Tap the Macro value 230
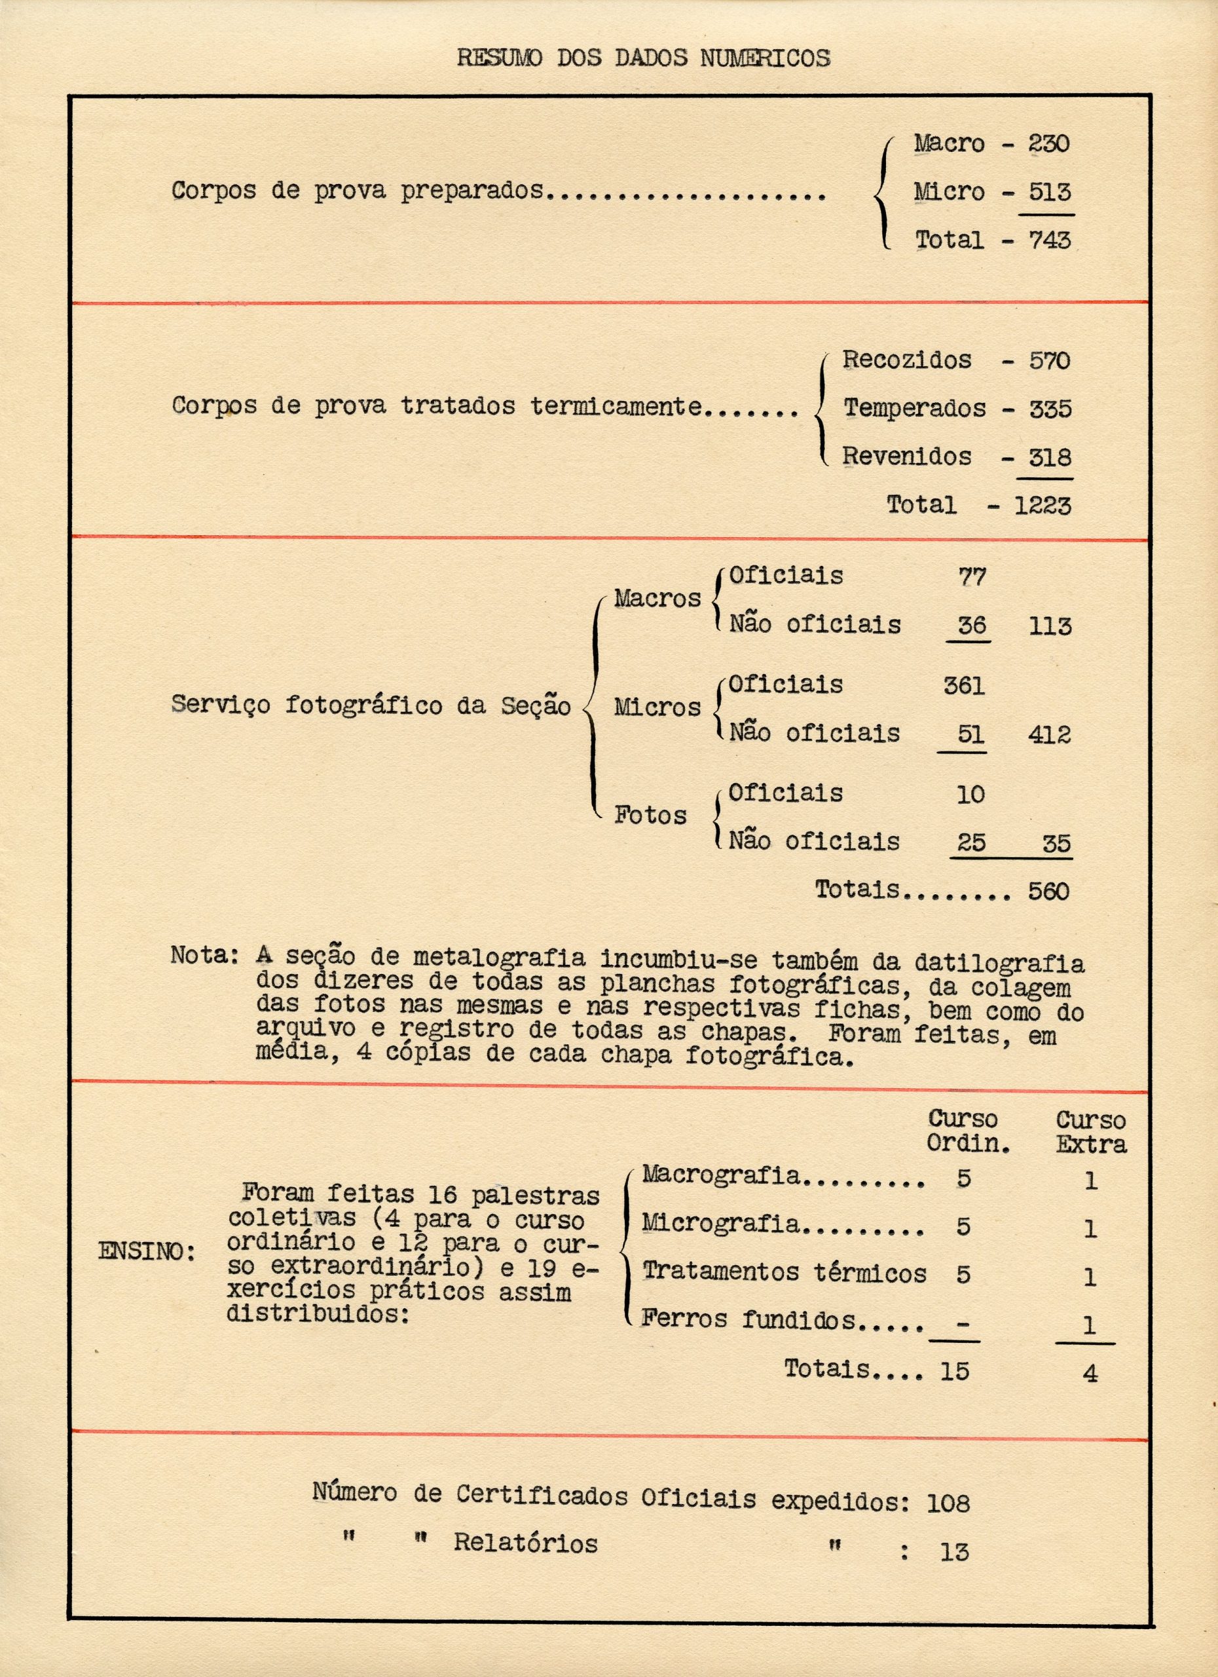[x=1049, y=143]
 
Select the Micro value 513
[x=1050, y=192]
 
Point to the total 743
[x=1050, y=240]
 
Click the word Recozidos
[x=907, y=360]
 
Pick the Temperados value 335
[x=1050, y=409]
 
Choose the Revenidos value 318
[x=1050, y=457]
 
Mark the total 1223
[x=1042, y=506]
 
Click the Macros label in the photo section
[x=657, y=598]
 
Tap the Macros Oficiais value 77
[x=971, y=576]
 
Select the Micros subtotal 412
[x=1049, y=735]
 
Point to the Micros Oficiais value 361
[x=964, y=686]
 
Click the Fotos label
[x=650, y=816]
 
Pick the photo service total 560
[x=1048, y=891]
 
